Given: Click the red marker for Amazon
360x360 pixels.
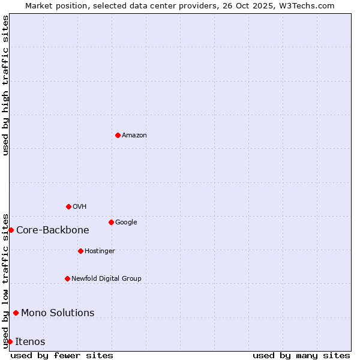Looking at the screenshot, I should point(118,135).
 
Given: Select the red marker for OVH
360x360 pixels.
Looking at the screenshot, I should point(68,206).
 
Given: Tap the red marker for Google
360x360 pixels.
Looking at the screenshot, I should point(111,222).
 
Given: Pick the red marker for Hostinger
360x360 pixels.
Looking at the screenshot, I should point(80,251).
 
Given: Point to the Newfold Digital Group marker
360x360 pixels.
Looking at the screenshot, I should point(67,278).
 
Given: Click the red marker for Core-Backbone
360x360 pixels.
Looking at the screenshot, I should point(11,230).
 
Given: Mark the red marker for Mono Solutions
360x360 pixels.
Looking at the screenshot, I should point(16,313).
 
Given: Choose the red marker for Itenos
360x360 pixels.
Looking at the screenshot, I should point(10,341).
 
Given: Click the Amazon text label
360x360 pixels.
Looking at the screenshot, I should point(134,135).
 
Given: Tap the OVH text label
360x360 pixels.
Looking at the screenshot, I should point(80,206).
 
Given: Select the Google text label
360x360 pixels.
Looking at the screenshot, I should point(126,222).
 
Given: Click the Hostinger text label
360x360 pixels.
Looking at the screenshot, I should point(100,251).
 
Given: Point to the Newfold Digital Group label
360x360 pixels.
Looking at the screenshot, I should point(106,278).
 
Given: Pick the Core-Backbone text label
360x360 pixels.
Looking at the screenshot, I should point(53,230).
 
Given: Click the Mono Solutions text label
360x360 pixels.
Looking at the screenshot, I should point(58,313).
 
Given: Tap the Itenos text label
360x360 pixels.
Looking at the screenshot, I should point(30,341).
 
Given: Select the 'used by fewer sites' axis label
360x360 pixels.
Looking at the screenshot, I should point(62,355).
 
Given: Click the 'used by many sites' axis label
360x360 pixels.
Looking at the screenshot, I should point(301,355).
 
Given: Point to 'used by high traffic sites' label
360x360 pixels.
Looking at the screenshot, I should point(5,85).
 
